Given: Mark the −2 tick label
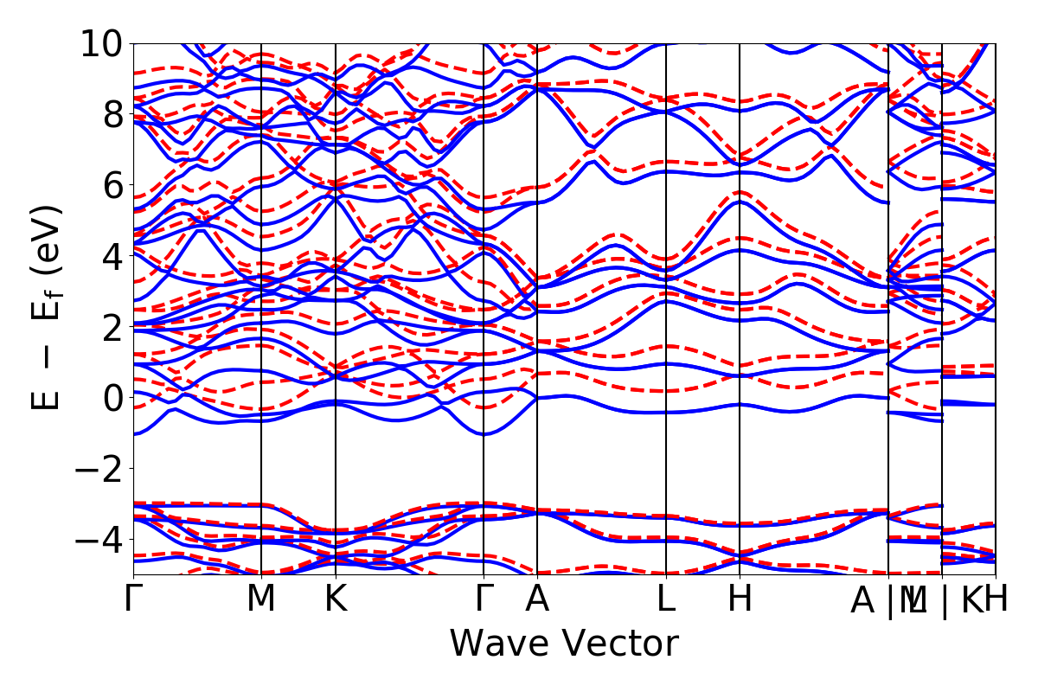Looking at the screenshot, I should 100,469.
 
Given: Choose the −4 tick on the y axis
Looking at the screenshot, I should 100,540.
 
